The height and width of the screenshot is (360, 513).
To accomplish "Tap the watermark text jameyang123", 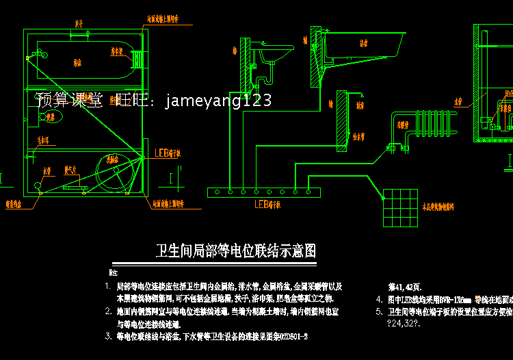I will (218, 101).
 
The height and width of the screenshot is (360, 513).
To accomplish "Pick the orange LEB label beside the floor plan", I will (168, 152).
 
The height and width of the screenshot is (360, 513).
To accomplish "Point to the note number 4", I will (379, 299).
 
